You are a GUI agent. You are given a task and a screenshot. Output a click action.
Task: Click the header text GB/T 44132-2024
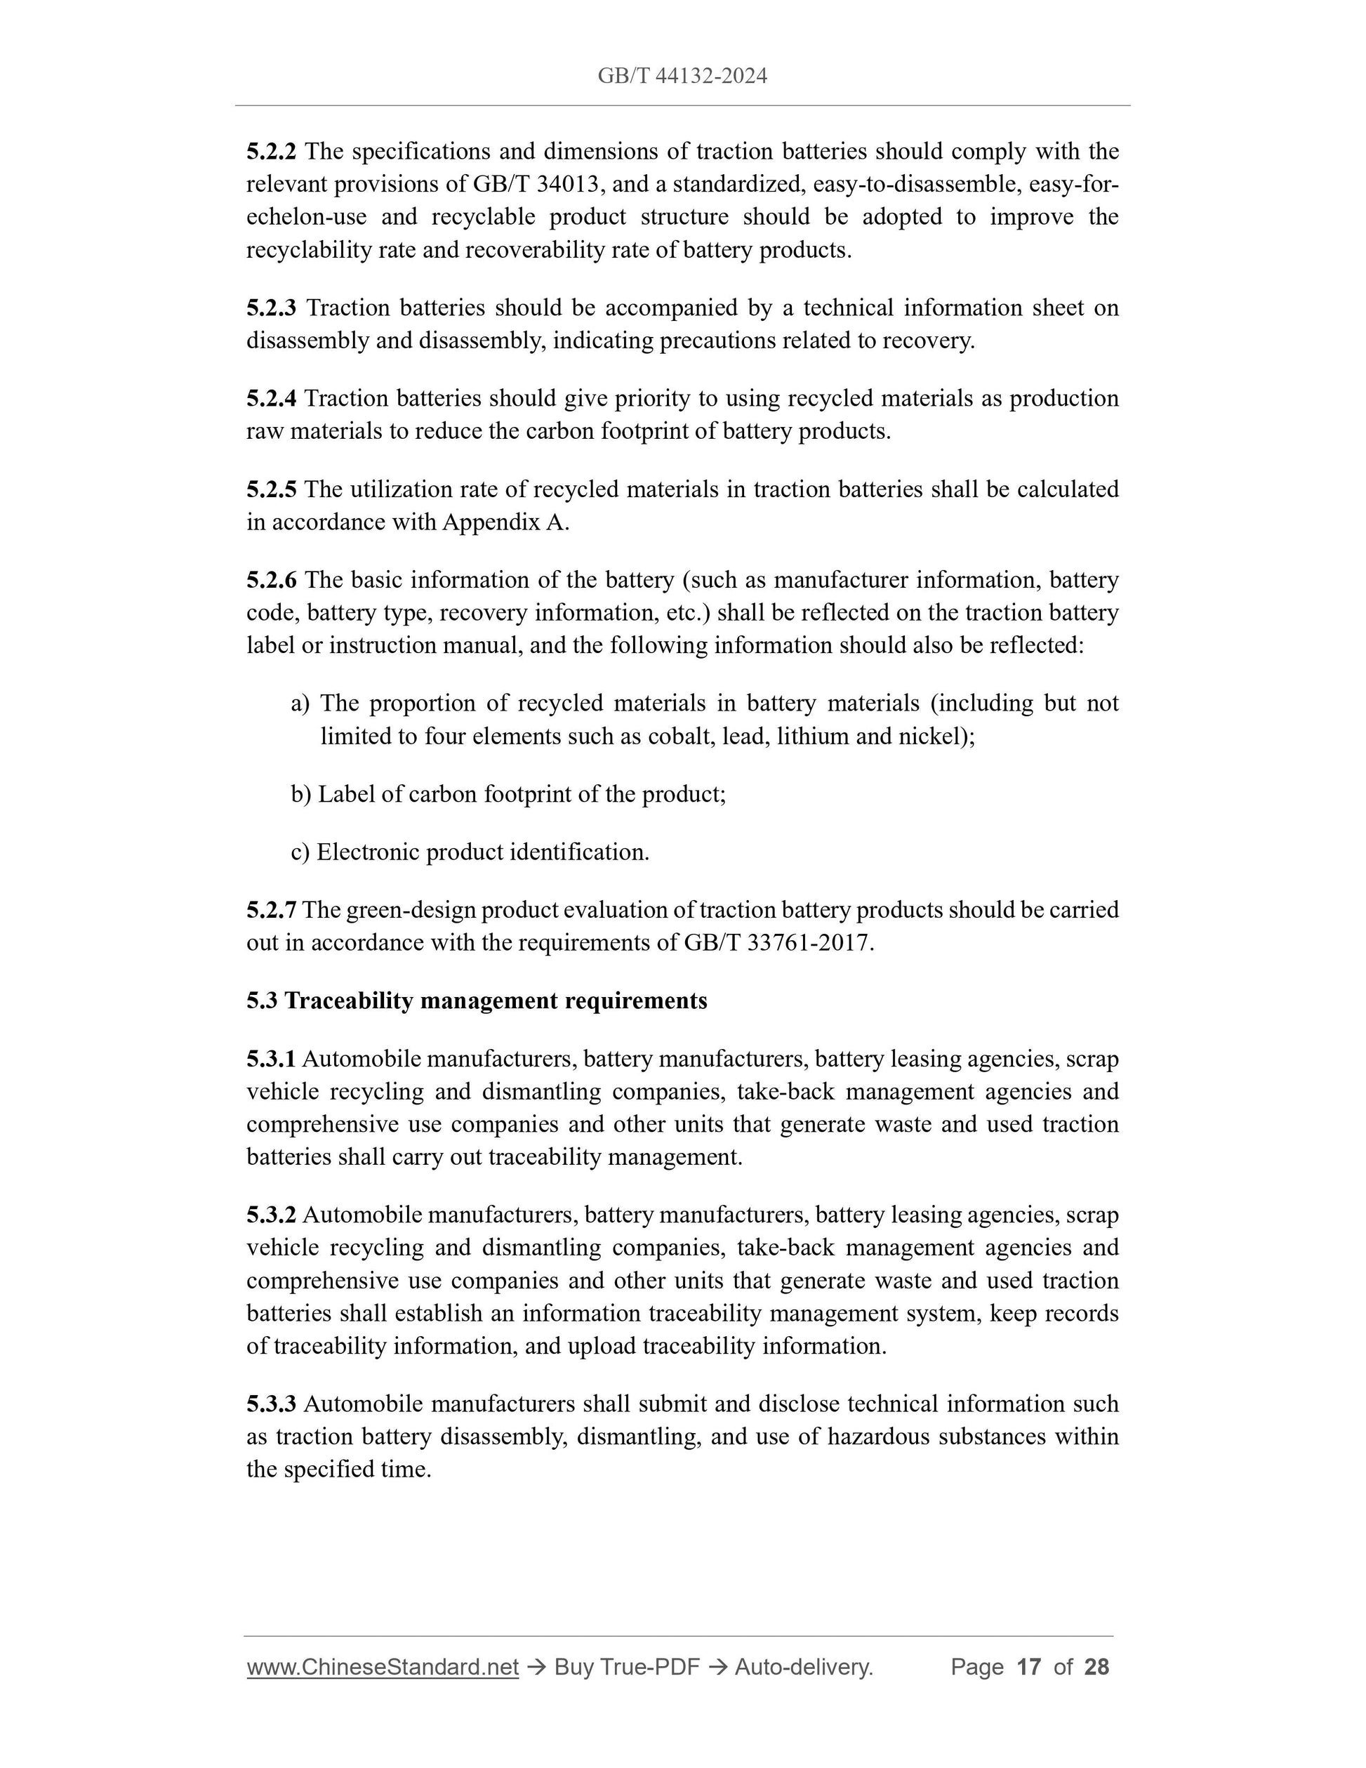tap(682, 76)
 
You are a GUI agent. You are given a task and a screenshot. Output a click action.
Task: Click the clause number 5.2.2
tap(271, 152)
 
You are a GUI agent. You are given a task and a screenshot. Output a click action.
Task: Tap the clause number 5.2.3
tap(271, 308)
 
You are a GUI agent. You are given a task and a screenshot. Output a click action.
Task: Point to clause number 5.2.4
tap(271, 398)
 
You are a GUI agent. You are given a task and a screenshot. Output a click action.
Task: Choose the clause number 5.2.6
tap(271, 579)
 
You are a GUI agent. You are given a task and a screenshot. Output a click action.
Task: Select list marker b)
tap(300, 794)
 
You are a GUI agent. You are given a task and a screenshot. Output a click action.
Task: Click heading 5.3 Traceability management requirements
tap(477, 1001)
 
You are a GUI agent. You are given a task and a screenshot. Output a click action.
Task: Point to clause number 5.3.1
tap(271, 1059)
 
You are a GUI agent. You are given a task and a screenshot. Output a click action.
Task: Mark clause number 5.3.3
tap(271, 1404)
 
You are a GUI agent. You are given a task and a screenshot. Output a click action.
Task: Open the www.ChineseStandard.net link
tap(382, 1667)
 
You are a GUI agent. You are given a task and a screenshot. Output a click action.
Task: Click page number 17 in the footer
tap(1028, 1667)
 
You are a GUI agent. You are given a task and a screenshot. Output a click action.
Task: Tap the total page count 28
tap(1096, 1667)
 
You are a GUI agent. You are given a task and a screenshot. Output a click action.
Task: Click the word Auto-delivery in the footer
tap(803, 1667)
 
